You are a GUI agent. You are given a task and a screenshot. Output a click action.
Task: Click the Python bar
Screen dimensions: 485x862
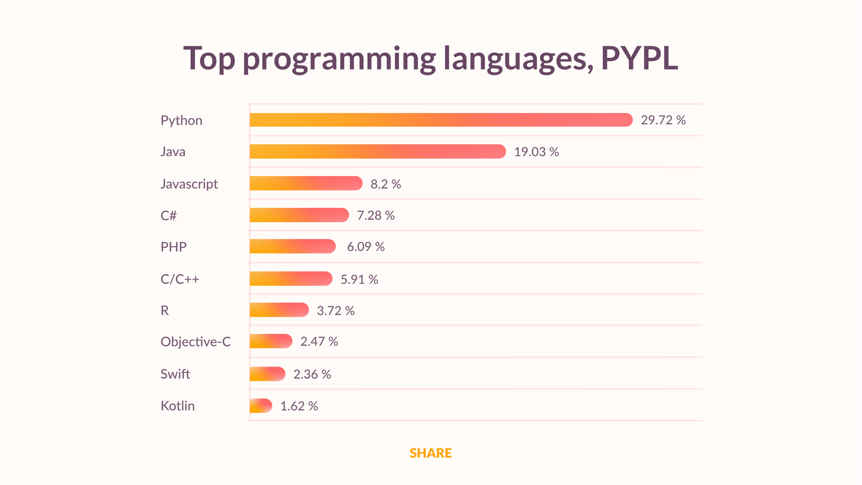(x=441, y=120)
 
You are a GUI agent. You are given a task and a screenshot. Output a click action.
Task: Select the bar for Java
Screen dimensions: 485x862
(x=377, y=151)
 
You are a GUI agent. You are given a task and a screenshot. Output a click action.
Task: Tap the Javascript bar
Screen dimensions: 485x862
(x=306, y=183)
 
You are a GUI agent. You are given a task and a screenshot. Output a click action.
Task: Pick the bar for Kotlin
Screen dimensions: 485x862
(x=261, y=406)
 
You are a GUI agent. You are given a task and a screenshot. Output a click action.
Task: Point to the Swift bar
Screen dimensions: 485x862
(x=267, y=374)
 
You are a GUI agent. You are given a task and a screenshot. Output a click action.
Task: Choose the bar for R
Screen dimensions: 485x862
(x=279, y=310)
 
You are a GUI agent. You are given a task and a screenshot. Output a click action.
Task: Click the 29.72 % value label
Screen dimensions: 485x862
(x=663, y=120)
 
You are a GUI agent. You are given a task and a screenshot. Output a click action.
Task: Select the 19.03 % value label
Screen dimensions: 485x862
(x=536, y=152)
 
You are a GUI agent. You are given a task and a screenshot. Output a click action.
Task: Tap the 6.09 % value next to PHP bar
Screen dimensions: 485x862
(x=365, y=247)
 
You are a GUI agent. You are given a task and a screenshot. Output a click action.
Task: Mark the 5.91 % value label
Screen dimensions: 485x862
(x=359, y=279)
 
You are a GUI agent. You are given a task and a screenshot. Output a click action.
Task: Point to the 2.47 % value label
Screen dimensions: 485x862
(x=319, y=342)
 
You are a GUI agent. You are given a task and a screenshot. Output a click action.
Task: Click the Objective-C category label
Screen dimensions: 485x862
(x=196, y=342)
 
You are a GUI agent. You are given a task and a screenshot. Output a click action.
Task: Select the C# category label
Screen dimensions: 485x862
(x=169, y=216)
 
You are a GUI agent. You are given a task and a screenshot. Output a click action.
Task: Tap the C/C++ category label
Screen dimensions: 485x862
(x=180, y=279)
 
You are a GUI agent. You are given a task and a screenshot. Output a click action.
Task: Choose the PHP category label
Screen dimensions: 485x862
(x=173, y=247)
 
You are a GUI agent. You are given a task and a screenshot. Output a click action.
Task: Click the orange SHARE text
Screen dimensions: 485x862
(x=430, y=453)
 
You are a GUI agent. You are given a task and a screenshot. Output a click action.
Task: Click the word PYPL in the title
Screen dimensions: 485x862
(x=639, y=58)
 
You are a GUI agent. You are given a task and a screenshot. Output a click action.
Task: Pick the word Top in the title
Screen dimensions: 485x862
(x=209, y=58)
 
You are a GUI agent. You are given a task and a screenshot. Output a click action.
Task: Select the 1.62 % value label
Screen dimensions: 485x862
(x=299, y=406)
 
